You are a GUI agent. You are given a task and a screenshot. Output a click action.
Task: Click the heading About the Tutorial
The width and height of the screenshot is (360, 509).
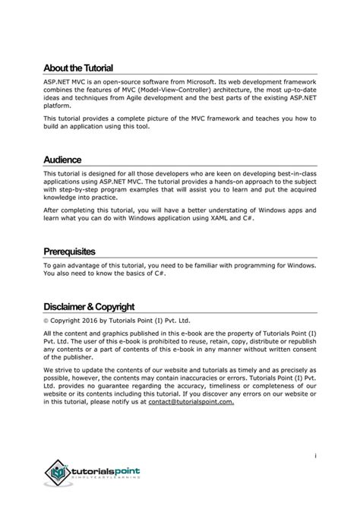(x=78, y=68)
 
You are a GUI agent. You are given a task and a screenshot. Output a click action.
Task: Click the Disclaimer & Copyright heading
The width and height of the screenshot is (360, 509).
(x=89, y=306)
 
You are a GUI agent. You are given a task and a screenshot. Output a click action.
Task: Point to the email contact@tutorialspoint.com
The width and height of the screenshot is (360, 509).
(x=191, y=402)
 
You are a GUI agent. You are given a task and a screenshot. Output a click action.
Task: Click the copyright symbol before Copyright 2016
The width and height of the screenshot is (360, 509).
(x=46, y=321)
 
